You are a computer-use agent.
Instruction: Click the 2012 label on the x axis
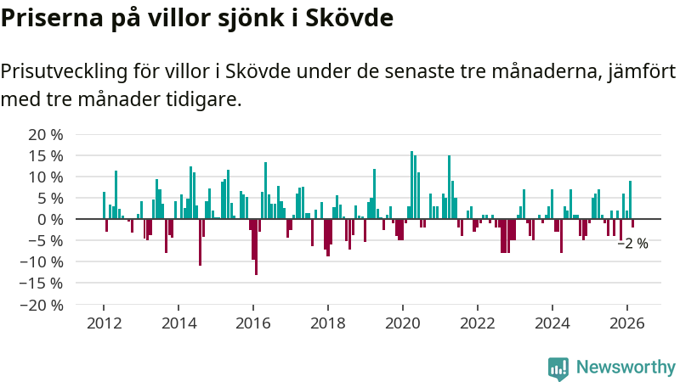pos(104,323)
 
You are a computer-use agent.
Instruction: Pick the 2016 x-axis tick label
pos(253,323)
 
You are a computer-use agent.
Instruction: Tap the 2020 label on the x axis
pos(403,323)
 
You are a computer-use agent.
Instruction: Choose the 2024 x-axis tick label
pos(552,323)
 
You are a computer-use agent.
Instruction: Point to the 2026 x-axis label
pos(627,323)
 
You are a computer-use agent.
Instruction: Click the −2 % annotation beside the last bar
pos(632,244)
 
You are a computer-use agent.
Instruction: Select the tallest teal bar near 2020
pos(411,185)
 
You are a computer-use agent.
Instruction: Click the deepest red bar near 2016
pos(256,246)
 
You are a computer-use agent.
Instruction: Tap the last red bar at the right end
pos(632,223)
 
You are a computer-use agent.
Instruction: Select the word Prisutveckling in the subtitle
pos(59,72)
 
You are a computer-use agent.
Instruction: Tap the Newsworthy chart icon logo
pos(558,368)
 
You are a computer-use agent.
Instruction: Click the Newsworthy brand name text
pos(626,368)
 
